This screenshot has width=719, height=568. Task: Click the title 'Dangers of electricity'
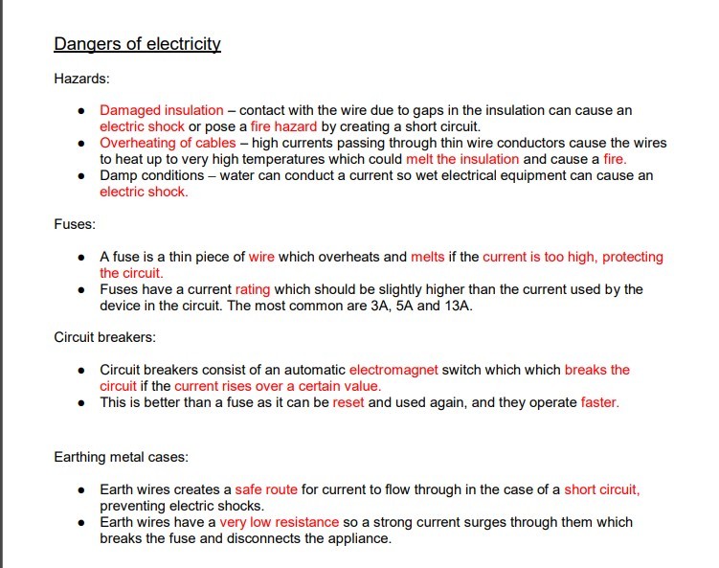[137, 44]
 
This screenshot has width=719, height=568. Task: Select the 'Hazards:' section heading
[81, 78]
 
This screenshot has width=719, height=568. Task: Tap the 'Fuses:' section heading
[75, 224]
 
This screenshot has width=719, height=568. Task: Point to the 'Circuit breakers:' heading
[104, 337]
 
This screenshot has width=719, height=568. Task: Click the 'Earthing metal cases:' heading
[121, 457]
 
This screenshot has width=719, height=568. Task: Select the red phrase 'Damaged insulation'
[162, 111]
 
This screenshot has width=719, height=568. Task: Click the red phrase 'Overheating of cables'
[168, 144]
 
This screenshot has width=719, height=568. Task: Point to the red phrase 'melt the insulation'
[462, 159]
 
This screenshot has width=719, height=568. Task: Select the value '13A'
[456, 306]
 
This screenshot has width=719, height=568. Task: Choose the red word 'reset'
[348, 402]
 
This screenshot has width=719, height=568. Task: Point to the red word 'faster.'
[600, 402]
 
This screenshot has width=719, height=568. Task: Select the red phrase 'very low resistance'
[279, 522]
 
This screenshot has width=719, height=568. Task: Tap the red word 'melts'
[428, 257]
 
